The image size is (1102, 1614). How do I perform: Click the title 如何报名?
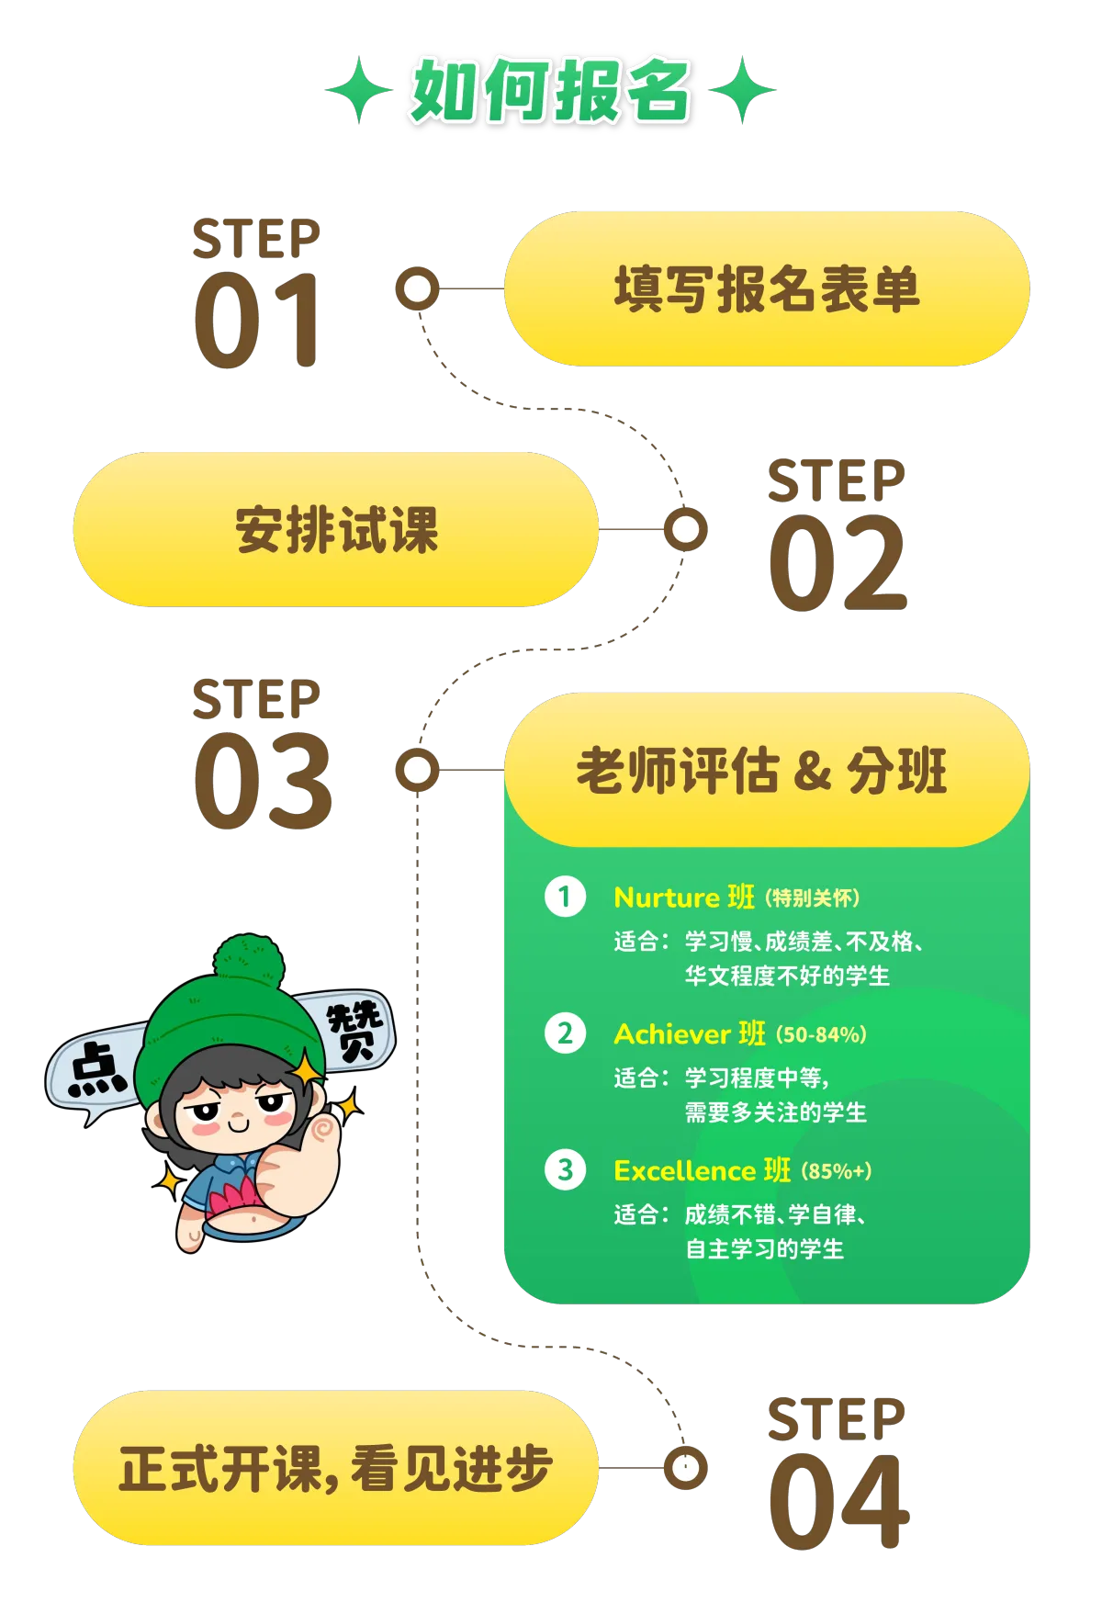549,91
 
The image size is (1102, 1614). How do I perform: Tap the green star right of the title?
743,90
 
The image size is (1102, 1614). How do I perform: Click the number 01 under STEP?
257,321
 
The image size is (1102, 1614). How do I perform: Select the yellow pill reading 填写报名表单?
766,289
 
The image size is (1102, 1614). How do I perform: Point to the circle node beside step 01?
418,289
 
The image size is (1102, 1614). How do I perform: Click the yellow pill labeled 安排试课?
336,530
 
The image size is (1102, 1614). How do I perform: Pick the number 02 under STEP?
838,562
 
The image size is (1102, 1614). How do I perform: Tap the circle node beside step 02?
685,530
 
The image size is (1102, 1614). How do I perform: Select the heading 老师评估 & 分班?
761,771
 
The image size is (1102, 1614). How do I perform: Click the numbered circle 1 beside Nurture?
565,897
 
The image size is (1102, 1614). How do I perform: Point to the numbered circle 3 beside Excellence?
565,1170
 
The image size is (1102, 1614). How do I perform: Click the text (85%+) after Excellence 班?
836,1171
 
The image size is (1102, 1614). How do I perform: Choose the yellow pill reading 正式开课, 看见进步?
336,1468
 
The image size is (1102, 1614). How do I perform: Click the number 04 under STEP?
838,1501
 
